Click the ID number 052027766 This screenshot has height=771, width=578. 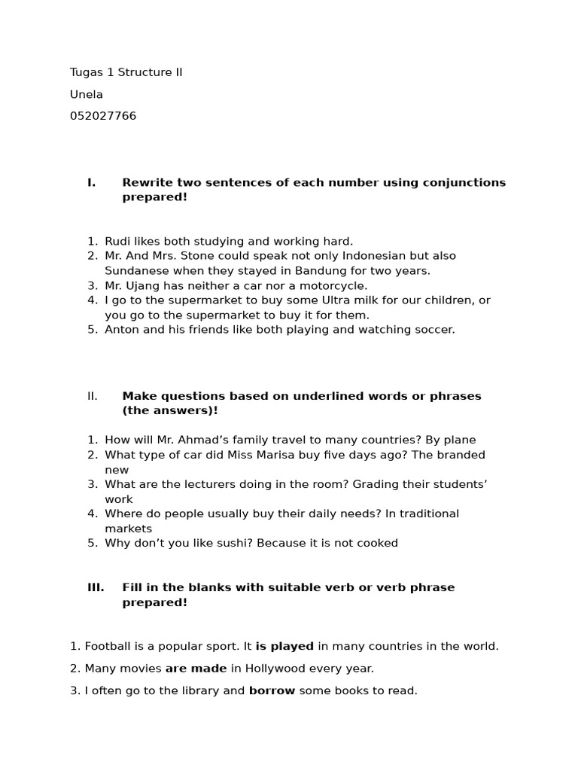point(103,116)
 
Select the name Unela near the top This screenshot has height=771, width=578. point(87,94)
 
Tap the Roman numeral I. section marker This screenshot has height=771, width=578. point(91,182)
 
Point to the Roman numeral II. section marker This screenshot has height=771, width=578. point(92,396)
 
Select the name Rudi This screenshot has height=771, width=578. point(117,242)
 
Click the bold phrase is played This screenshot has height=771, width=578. point(284,646)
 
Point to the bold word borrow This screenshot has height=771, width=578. point(272,690)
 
